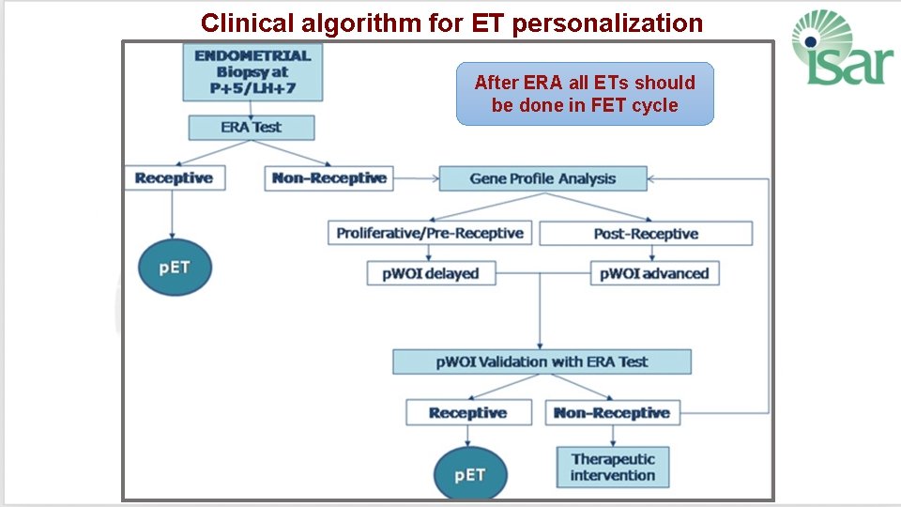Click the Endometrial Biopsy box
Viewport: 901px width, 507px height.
pyautogui.click(x=252, y=72)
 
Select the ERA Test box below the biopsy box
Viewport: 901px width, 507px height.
pyautogui.click(x=252, y=127)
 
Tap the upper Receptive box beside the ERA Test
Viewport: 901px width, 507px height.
pyautogui.click(x=175, y=177)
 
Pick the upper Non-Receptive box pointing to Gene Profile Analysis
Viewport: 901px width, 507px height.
pyautogui.click(x=328, y=177)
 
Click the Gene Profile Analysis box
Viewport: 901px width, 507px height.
pyautogui.click(x=542, y=178)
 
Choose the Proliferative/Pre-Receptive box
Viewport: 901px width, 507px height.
pyautogui.click(x=430, y=233)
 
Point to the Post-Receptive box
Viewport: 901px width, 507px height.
pyautogui.click(x=646, y=233)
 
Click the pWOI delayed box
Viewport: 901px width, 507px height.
pyautogui.click(x=430, y=273)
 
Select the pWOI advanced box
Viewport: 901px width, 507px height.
pyautogui.click(x=654, y=273)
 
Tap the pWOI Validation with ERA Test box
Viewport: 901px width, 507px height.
pyautogui.click(x=542, y=361)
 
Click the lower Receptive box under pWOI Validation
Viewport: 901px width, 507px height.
pyautogui.click(x=468, y=412)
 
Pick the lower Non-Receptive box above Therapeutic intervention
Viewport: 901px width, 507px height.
pyautogui.click(x=612, y=412)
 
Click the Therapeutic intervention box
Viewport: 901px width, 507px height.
pyautogui.click(x=613, y=467)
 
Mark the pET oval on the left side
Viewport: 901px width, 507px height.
pyautogui.click(x=175, y=268)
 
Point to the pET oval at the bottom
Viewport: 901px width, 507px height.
pyautogui.click(x=469, y=473)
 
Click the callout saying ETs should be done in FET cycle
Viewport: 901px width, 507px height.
pyautogui.click(x=585, y=94)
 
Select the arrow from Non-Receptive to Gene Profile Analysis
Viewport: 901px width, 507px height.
pyautogui.click(x=416, y=177)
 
